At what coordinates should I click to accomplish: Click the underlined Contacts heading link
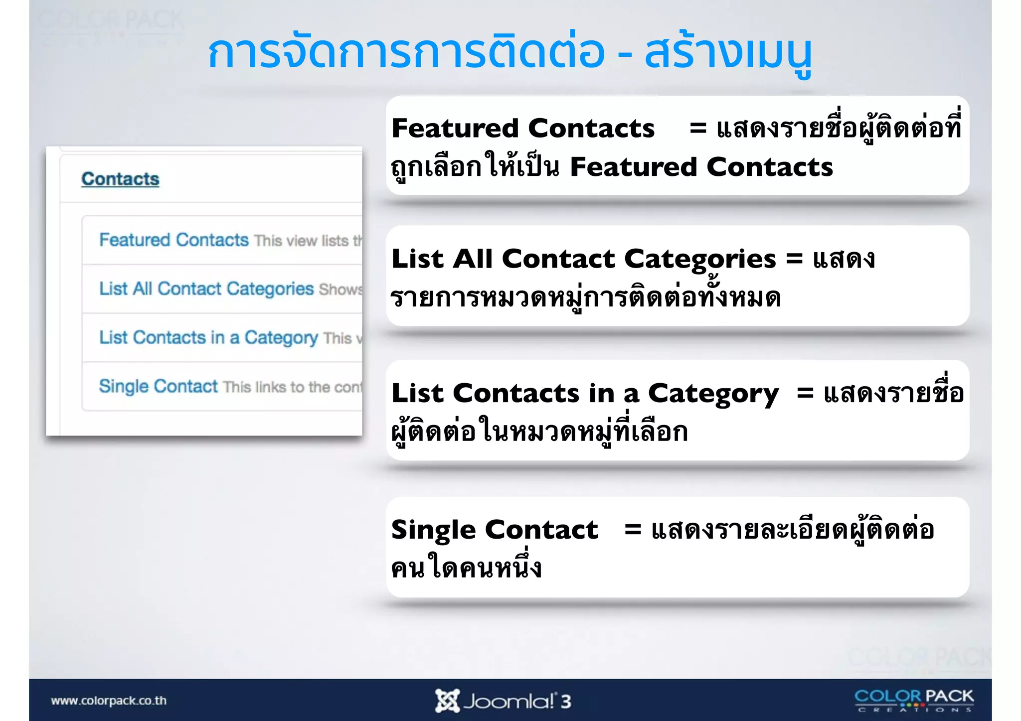tap(120, 179)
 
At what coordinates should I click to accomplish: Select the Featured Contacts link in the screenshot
tap(173, 240)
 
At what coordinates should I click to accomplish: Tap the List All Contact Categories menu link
tap(206, 288)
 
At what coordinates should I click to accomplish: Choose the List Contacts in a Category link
tap(208, 337)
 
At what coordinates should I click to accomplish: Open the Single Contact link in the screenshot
tap(158, 386)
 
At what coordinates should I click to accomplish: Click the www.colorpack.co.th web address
tap(109, 701)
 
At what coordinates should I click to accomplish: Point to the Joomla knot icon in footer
tap(447, 701)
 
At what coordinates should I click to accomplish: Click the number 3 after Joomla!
tap(565, 702)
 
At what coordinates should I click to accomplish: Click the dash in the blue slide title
tap(624, 53)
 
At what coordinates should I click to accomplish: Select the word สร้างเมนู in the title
tap(728, 53)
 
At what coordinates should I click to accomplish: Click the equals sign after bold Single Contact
tap(632, 530)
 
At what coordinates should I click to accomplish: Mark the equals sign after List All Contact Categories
tap(794, 259)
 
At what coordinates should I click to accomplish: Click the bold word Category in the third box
tap(713, 394)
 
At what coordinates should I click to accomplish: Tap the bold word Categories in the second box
tap(700, 259)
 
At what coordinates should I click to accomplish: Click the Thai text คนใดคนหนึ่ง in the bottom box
tap(466, 568)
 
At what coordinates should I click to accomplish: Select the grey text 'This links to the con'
tap(292, 387)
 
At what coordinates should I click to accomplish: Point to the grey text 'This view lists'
tap(301, 241)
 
